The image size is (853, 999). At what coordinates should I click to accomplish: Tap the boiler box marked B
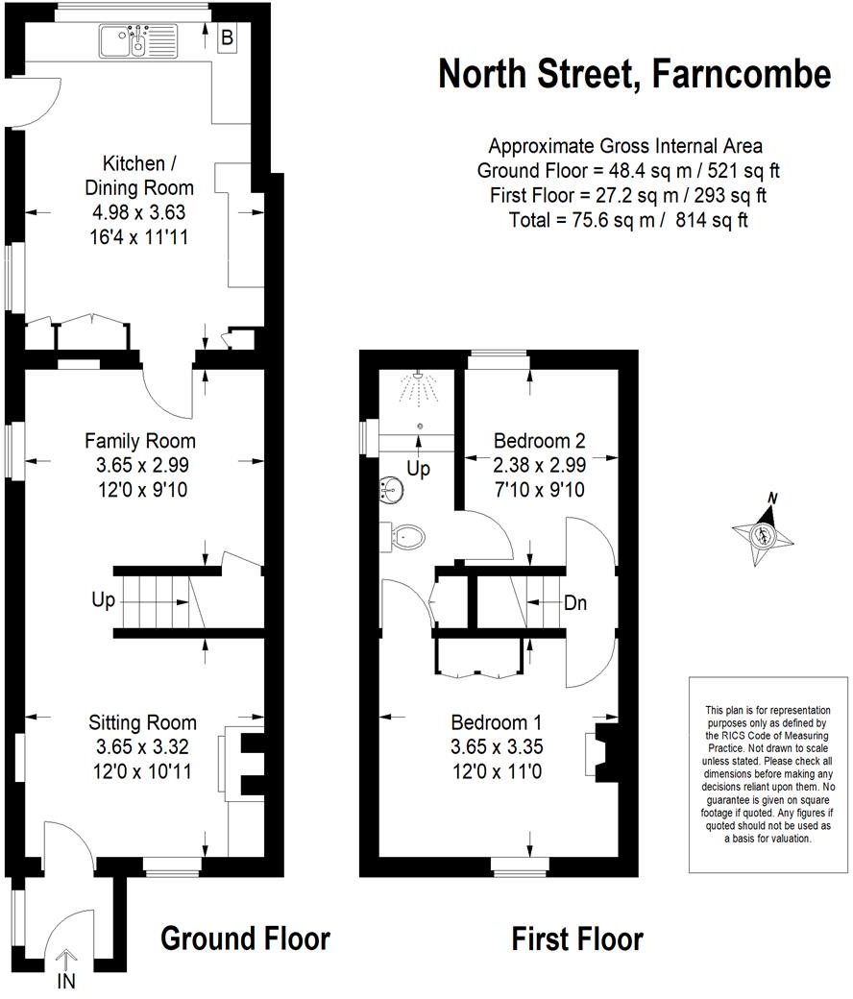[228, 38]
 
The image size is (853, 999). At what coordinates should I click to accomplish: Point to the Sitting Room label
[142, 722]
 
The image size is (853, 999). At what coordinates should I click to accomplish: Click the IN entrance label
[66, 981]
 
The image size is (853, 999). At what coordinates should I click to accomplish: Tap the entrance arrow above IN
[66, 958]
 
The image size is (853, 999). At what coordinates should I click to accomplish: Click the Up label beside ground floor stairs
[103, 600]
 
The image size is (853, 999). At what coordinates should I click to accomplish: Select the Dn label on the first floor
[575, 603]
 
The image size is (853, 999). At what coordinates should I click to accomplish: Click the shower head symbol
[417, 389]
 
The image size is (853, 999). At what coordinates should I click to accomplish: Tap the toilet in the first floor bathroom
[403, 536]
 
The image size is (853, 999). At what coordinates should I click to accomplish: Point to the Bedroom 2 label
[539, 441]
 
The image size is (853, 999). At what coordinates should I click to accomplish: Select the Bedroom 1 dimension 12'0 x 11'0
[497, 769]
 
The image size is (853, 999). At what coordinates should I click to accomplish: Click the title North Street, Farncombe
[634, 73]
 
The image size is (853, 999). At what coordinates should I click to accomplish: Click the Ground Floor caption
[245, 938]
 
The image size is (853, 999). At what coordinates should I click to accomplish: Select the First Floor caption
[576, 938]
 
